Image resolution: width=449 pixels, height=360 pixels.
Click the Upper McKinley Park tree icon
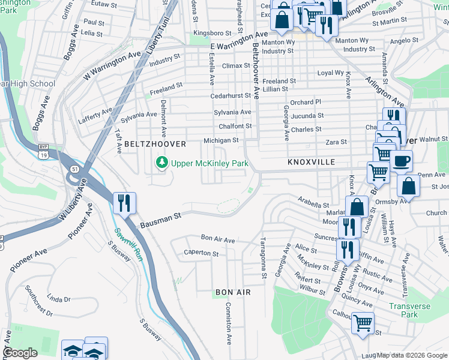click(161, 163)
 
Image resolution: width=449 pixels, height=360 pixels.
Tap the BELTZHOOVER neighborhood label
click(155, 145)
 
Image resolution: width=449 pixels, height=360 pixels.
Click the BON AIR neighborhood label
click(232, 292)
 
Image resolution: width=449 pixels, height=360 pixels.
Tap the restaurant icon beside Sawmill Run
click(124, 203)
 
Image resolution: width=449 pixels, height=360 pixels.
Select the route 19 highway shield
click(43, 155)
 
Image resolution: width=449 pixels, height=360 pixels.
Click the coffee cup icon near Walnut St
click(401, 161)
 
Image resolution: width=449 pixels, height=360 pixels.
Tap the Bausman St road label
click(160, 220)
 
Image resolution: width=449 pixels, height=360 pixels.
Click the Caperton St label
click(201, 253)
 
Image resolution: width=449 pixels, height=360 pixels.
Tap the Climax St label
click(236, 65)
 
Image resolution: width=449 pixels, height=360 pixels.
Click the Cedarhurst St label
click(230, 95)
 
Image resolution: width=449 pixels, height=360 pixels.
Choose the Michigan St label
click(221, 140)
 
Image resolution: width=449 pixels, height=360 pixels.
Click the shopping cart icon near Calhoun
click(363, 323)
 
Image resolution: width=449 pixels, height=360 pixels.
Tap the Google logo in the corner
click(20, 353)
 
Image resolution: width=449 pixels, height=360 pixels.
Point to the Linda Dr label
click(58, 298)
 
